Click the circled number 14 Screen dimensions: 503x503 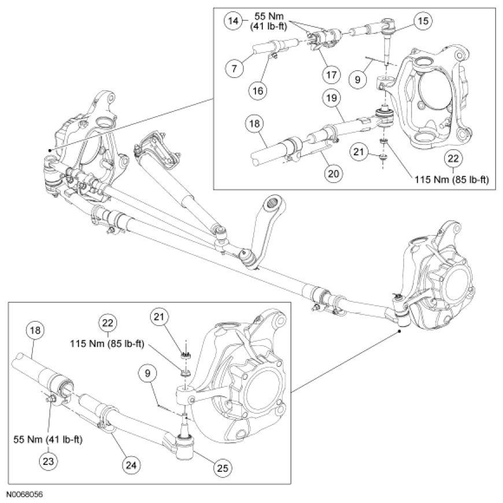(x=233, y=22)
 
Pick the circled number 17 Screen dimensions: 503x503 (x=330, y=75)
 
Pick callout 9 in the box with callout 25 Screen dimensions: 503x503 (x=147, y=373)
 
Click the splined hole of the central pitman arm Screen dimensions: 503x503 (x=273, y=204)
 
